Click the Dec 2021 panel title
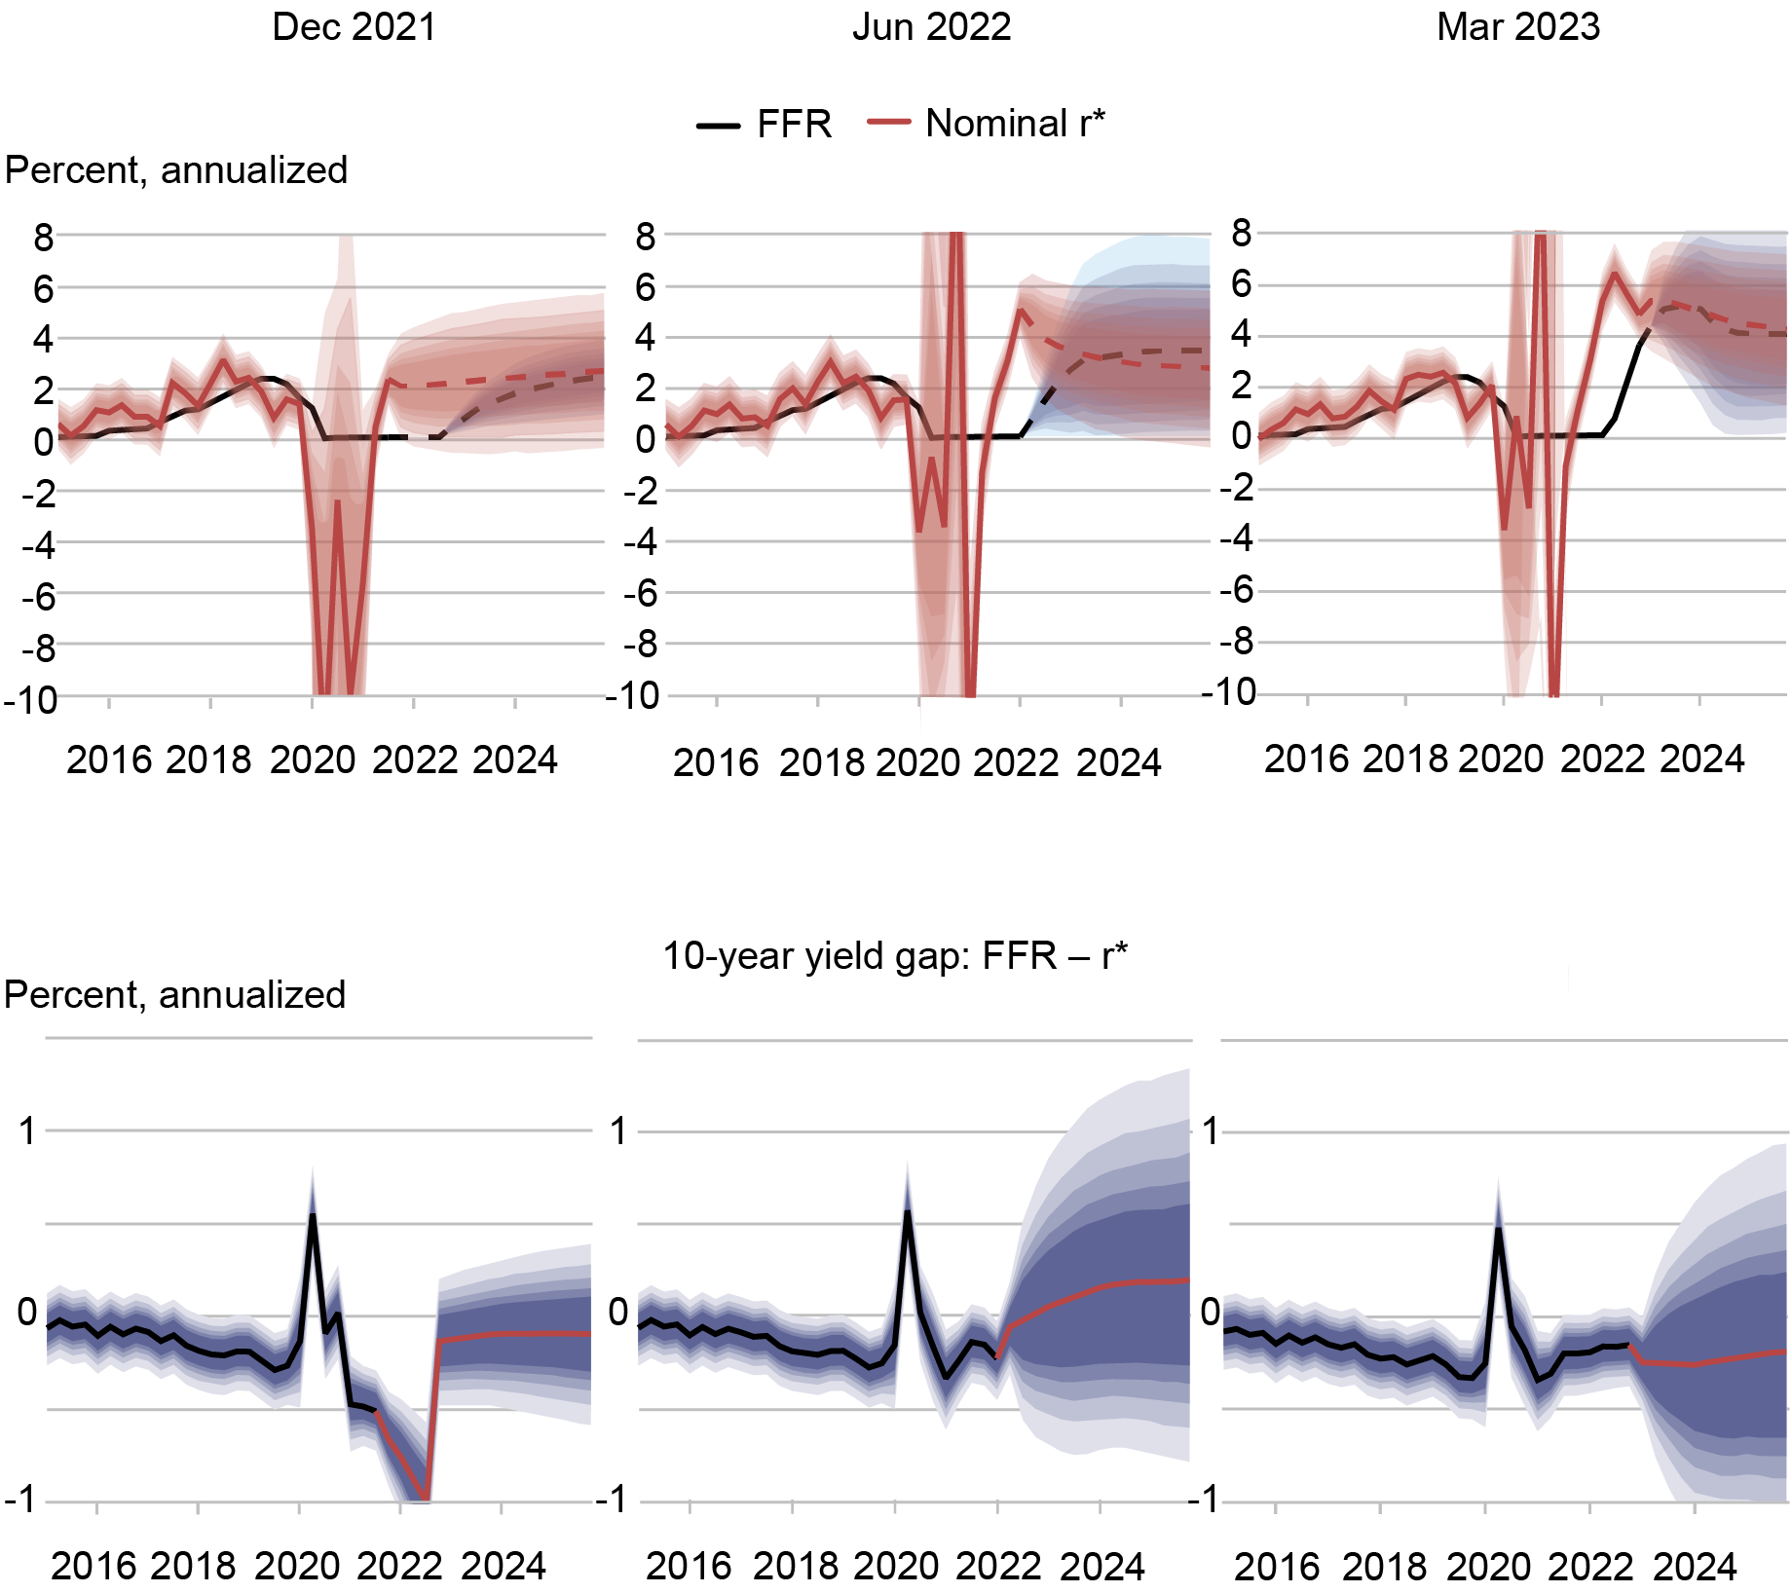pos(354,27)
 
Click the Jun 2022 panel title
pos(931,27)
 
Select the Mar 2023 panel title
pos(1517,27)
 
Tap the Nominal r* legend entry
pos(989,124)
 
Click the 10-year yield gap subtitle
pos(894,956)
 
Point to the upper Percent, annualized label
pos(176,170)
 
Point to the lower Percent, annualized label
pos(175,995)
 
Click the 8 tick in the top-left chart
pos(43,237)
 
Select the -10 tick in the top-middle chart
pos(632,696)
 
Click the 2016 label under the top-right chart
pos(1306,759)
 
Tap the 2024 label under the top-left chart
pos(514,760)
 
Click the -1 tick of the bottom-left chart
pos(21,1500)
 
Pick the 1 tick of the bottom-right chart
pos(1210,1131)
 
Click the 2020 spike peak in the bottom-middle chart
pos(907,1210)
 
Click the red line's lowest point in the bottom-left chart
pos(426,1498)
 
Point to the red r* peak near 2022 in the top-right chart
pos(1615,274)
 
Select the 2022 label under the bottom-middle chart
pos(997,1566)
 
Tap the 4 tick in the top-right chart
pos(1240,334)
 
